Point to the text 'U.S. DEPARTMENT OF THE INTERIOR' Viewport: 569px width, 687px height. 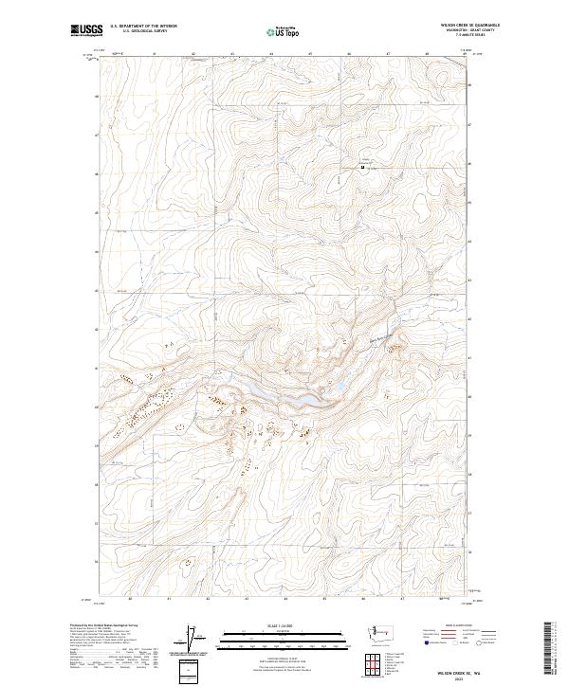point(143,27)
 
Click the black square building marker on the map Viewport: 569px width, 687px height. point(361,169)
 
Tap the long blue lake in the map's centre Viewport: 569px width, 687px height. point(284,398)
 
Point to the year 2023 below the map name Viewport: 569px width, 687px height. point(468,679)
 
